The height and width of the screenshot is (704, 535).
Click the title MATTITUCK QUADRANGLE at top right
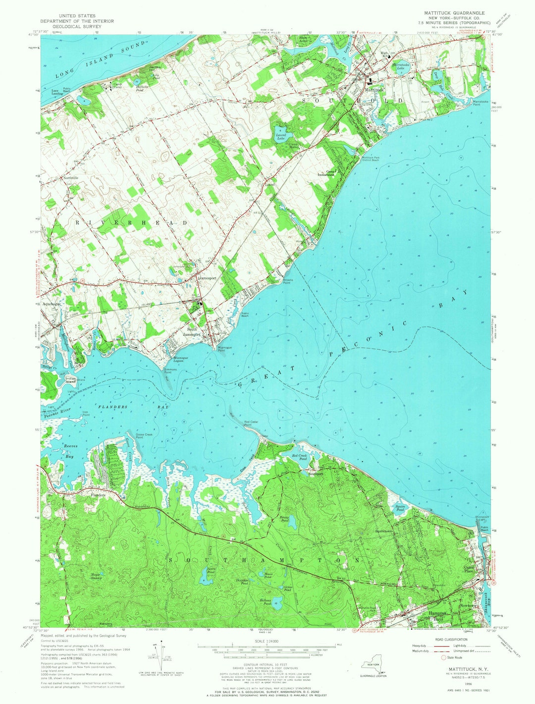pyautogui.click(x=453, y=12)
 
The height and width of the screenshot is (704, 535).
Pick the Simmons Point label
pyautogui.click(x=171, y=371)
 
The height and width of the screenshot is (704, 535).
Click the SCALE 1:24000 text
pyautogui.click(x=267, y=636)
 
